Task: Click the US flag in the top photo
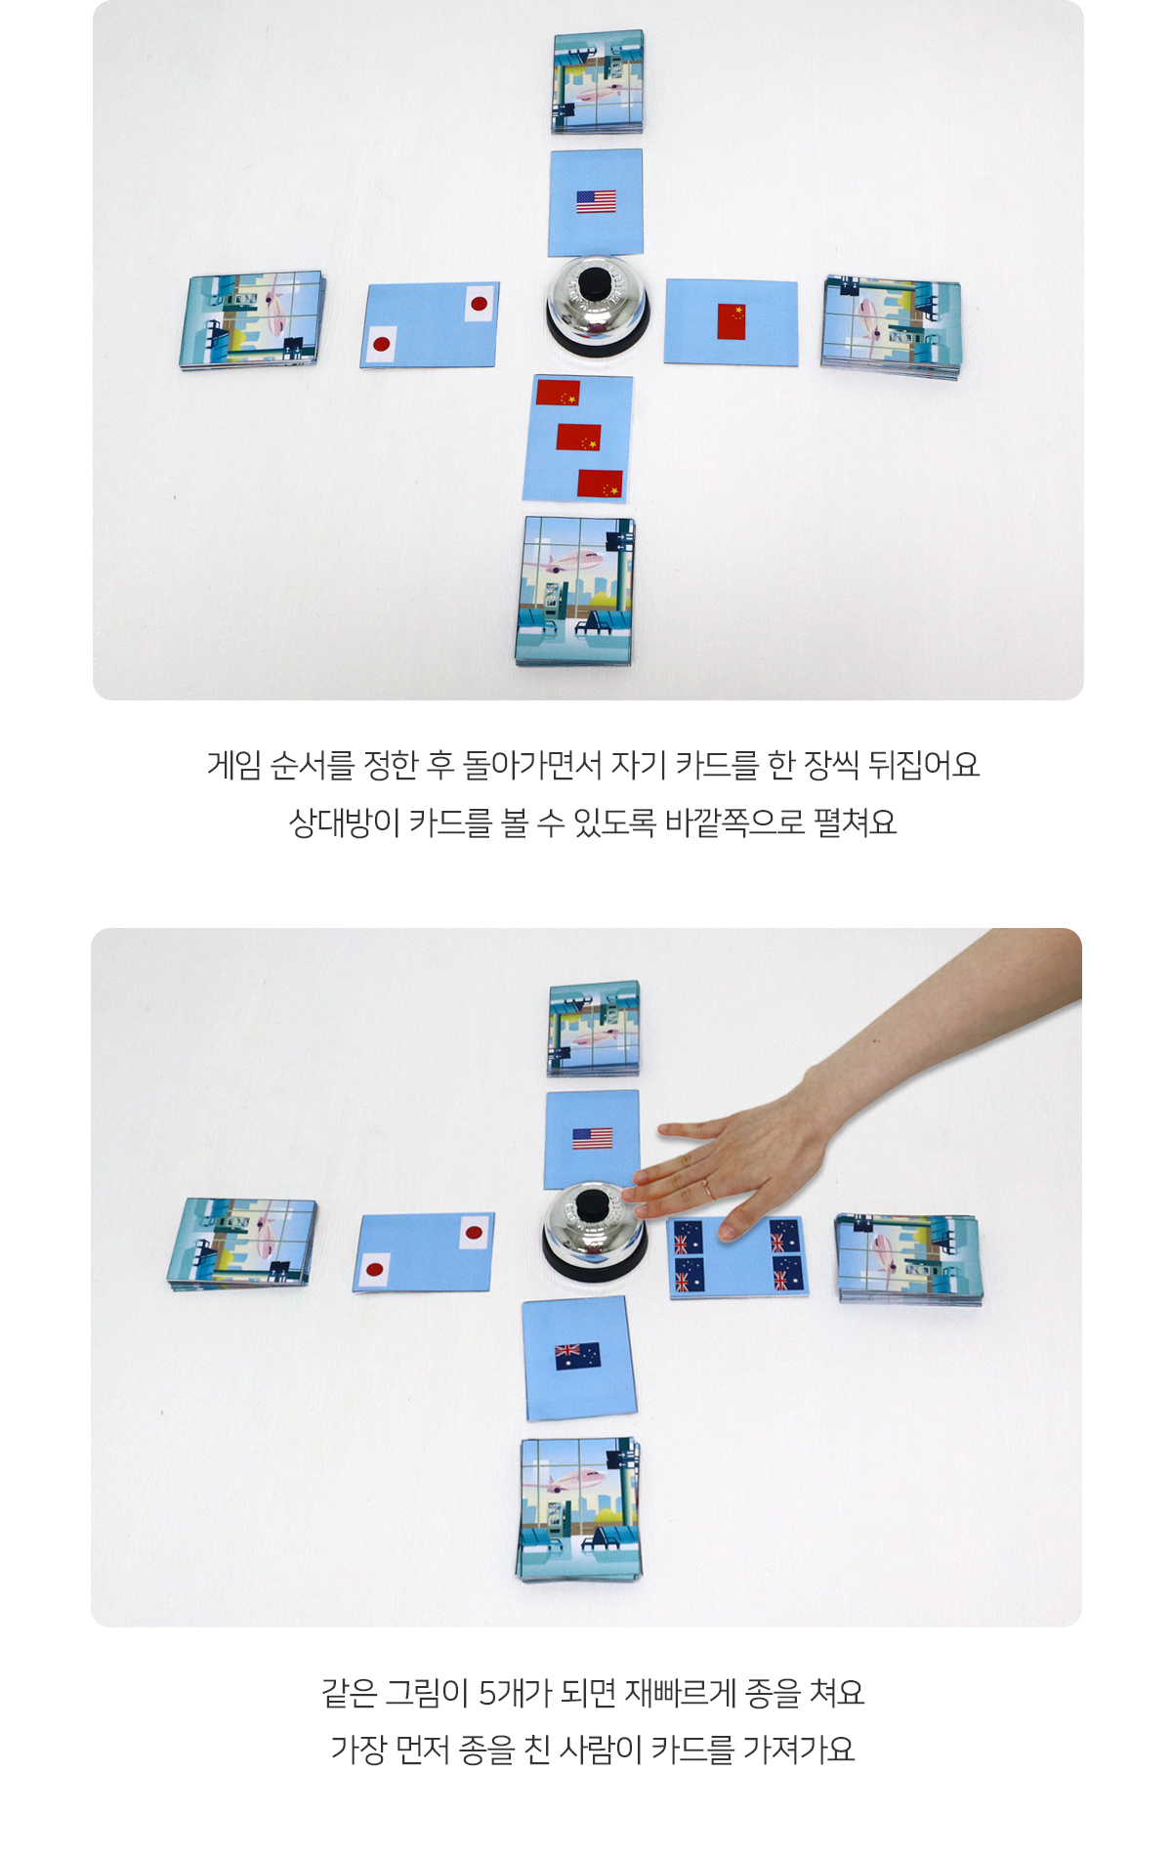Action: click(x=596, y=202)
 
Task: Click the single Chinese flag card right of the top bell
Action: click(x=731, y=322)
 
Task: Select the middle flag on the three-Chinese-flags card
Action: click(x=578, y=437)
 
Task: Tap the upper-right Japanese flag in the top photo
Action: click(x=479, y=304)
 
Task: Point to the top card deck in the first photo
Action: click(x=598, y=81)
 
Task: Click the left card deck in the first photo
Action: click(x=252, y=320)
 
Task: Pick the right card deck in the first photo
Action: click(x=891, y=327)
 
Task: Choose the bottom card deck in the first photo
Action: click(x=575, y=591)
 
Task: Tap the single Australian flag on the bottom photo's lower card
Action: click(x=577, y=1356)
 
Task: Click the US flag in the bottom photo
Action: click(x=592, y=1138)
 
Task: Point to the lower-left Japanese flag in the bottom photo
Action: click(x=373, y=1270)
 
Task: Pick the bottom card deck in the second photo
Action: click(x=579, y=1510)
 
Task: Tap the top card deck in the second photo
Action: click(x=594, y=1029)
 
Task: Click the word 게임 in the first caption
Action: click(x=233, y=765)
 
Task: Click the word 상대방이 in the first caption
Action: click(x=344, y=823)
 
